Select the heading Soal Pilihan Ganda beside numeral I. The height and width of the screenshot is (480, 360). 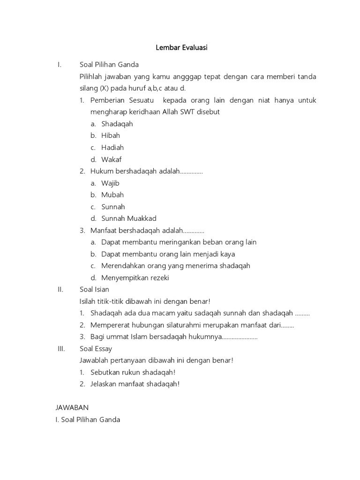pos(109,65)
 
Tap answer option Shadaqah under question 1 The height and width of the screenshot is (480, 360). pos(117,124)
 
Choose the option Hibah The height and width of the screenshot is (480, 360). pos(111,135)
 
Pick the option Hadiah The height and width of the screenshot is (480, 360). pos(112,148)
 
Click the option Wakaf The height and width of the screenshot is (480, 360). pos(111,159)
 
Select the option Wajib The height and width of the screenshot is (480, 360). pos(110,183)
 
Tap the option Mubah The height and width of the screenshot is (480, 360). pos(112,195)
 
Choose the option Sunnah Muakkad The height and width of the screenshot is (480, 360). pos(129,218)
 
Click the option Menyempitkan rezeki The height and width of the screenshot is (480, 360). pos(135,277)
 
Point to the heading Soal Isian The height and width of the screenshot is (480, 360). pos(94,289)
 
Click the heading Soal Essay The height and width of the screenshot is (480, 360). pos(96,349)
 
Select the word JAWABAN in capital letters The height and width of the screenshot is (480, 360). pos(72,408)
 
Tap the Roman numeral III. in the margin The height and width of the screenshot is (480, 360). pos(60,349)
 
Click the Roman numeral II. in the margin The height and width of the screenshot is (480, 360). pos(60,289)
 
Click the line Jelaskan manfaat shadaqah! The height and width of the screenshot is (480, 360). pos(135,384)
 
